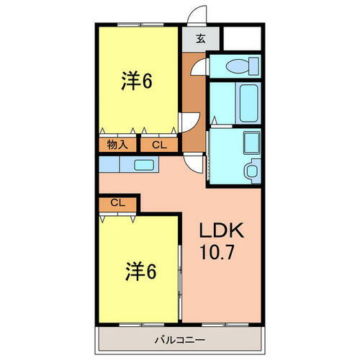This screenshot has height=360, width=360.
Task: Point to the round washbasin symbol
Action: click(250, 171)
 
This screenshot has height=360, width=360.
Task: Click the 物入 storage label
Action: click(117, 145)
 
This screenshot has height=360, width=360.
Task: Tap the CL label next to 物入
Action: click(159, 145)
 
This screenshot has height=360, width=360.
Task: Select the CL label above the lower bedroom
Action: click(119, 203)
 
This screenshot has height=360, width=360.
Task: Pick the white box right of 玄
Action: click(241, 39)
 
